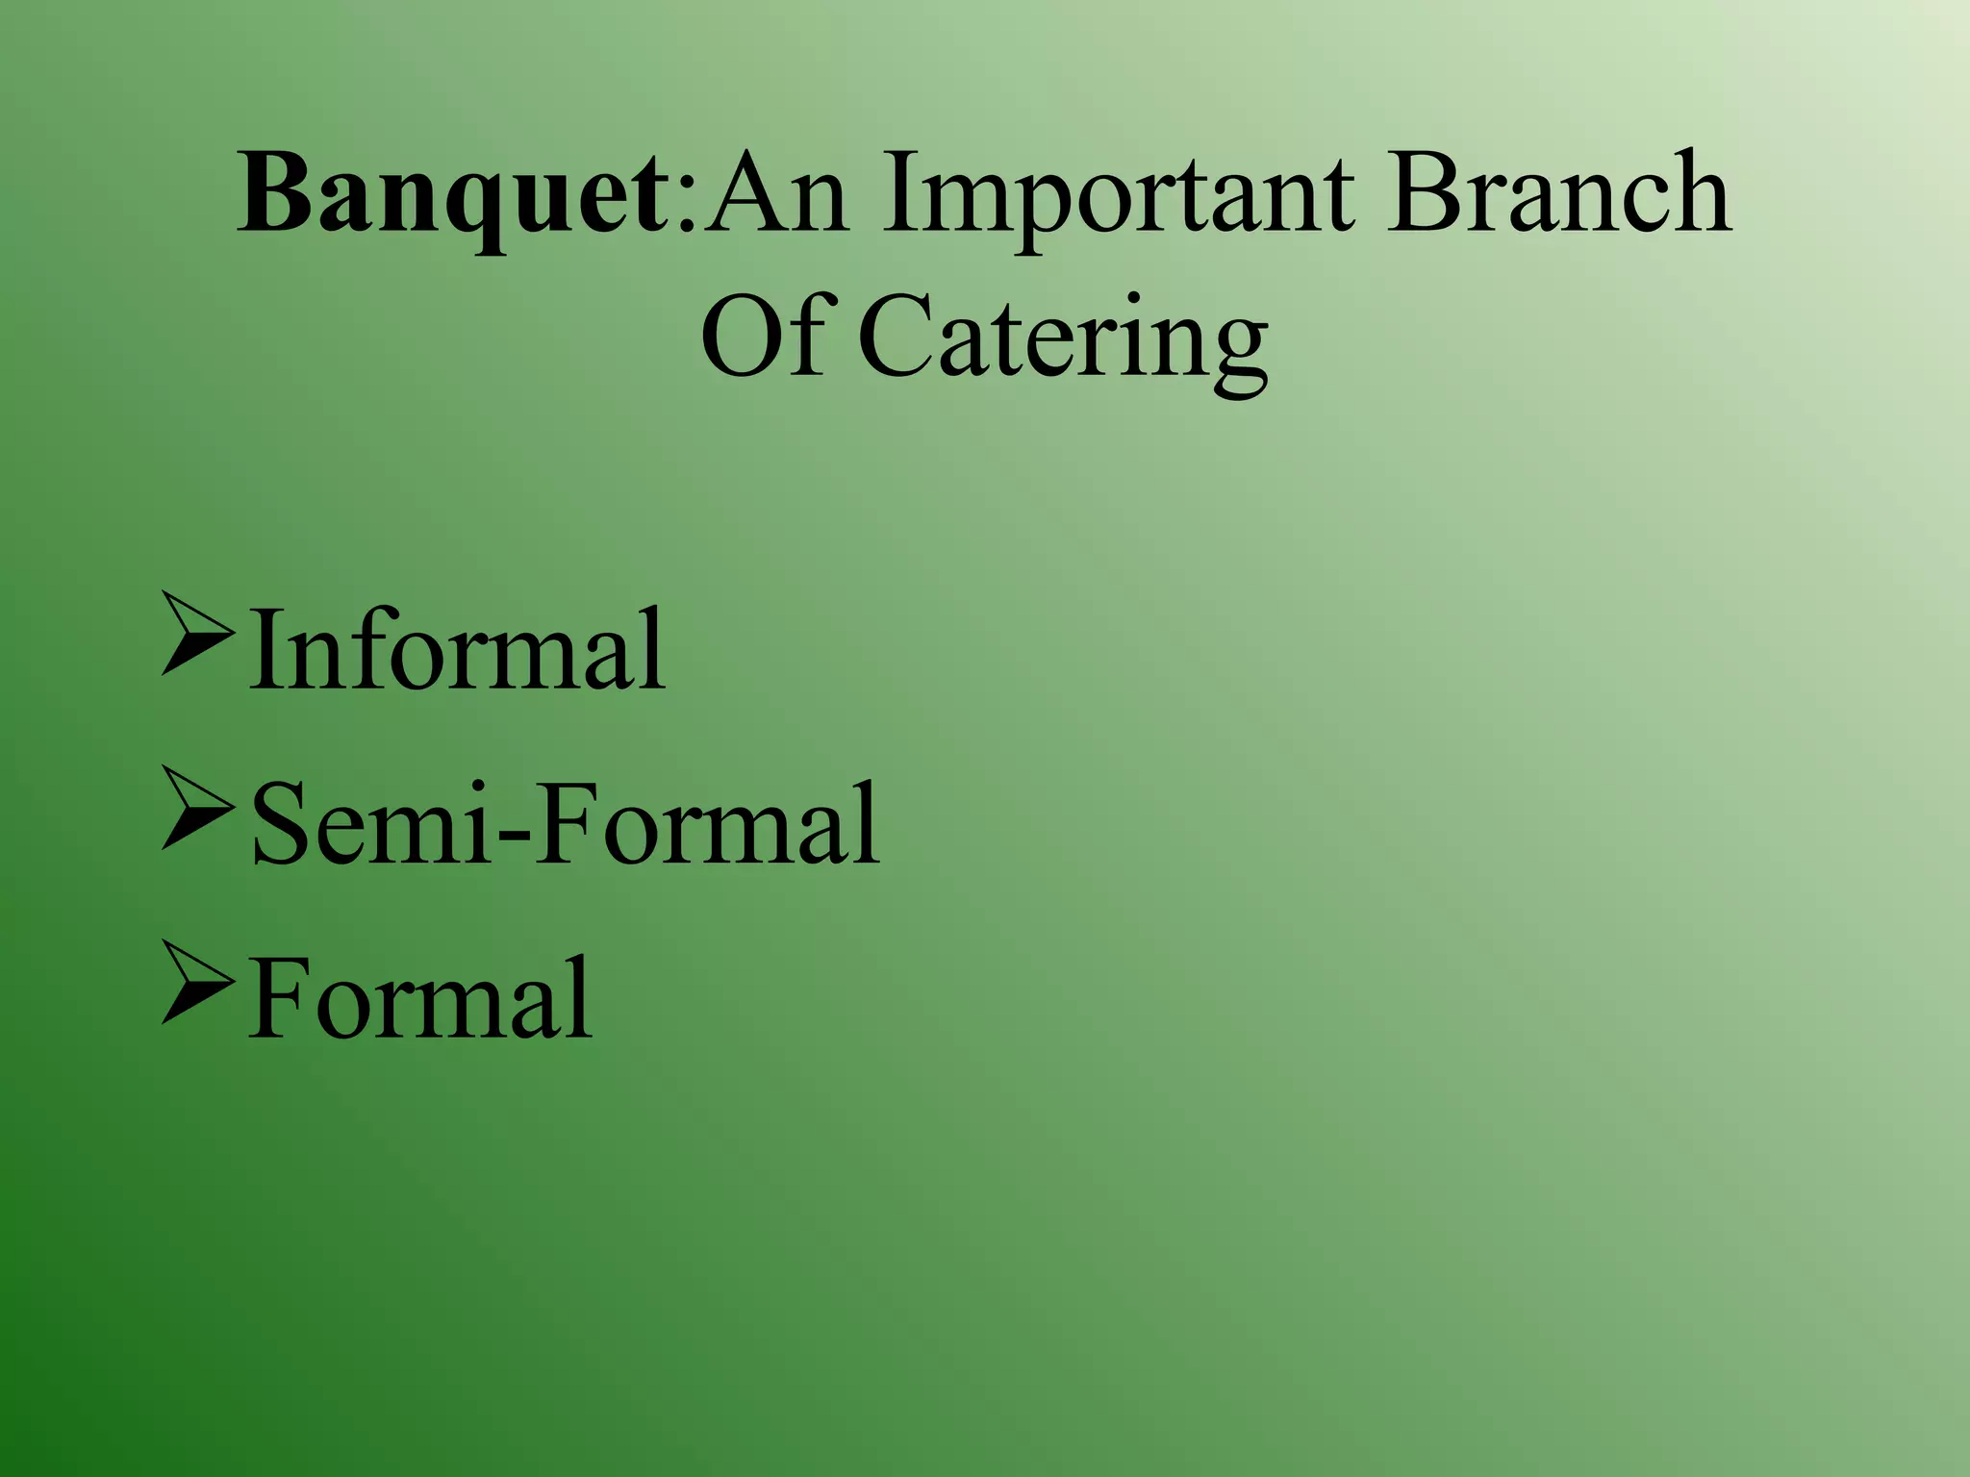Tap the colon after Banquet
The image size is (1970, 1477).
pos(686,207)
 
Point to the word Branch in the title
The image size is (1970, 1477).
pos(1558,192)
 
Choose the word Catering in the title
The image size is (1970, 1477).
pos(1062,341)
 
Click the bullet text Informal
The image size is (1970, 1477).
pos(457,650)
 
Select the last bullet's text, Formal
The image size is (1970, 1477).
pos(420,1000)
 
